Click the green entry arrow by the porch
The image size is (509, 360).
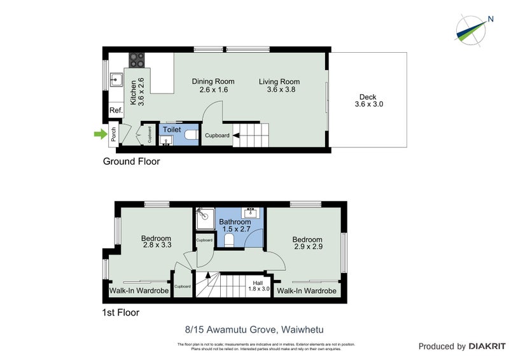pos(98,134)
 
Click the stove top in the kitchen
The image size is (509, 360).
pos(137,60)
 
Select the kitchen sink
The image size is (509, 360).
pos(117,80)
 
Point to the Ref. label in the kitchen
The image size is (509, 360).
pos(115,111)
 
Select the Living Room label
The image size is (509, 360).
pos(279,85)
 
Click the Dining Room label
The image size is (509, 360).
pos(213,85)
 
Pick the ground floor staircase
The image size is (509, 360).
pos(251,134)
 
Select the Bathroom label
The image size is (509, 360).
pos(235,226)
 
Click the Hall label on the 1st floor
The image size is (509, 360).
pos(258,286)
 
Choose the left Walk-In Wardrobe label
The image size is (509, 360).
pos(139,291)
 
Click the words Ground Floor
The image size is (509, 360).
pos(131,162)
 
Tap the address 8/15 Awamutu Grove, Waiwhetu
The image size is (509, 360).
pos(254,329)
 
